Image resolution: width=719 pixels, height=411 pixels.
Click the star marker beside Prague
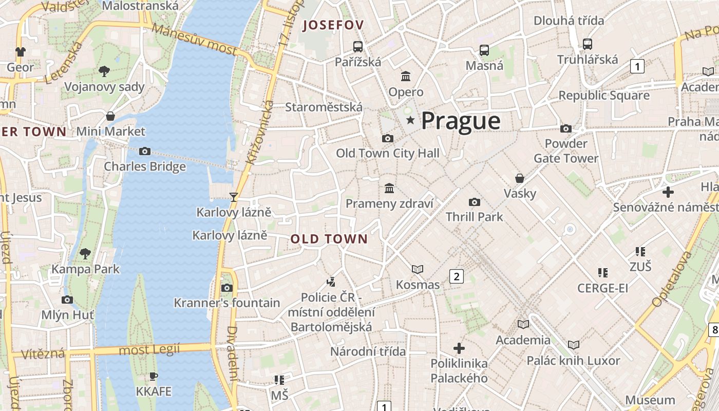pyautogui.click(x=410, y=120)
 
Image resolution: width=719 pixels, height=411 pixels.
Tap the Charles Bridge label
pyautogui.click(x=145, y=166)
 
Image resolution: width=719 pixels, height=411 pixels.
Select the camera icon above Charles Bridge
pyautogui.click(x=145, y=151)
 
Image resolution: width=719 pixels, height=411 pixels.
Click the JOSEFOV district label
pyautogui.click(x=333, y=25)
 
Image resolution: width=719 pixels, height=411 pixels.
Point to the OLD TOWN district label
pyautogui.click(x=329, y=239)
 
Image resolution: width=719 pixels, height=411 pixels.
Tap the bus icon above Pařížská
pyautogui.click(x=358, y=46)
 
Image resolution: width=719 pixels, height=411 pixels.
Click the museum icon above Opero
pyautogui.click(x=406, y=77)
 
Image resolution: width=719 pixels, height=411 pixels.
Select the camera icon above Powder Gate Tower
pyautogui.click(x=566, y=128)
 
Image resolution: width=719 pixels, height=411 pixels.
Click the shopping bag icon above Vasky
pyautogui.click(x=520, y=178)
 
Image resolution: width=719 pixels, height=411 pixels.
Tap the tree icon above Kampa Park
pyautogui.click(x=86, y=253)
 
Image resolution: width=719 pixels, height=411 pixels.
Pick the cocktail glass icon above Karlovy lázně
pyautogui.click(x=234, y=196)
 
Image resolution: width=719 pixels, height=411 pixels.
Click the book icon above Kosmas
pyautogui.click(x=418, y=269)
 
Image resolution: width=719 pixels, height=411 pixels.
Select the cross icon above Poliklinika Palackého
pyautogui.click(x=459, y=348)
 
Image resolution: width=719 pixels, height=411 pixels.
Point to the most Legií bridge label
pyautogui.click(x=149, y=350)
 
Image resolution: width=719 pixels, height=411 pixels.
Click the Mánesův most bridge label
pyautogui.click(x=195, y=40)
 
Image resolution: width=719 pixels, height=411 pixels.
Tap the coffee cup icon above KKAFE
pyautogui.click(x=153, y=376)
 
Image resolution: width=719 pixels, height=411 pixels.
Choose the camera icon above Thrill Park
pyautogui.click(x=475, y=202)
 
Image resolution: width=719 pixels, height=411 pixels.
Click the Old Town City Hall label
pyautogui.click(x=388, y=153)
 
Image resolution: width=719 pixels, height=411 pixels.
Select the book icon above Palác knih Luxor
pyautogui.click(x=573, y=345)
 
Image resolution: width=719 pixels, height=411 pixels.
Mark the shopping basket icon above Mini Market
pyautogui.click(x=110, y=116)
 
